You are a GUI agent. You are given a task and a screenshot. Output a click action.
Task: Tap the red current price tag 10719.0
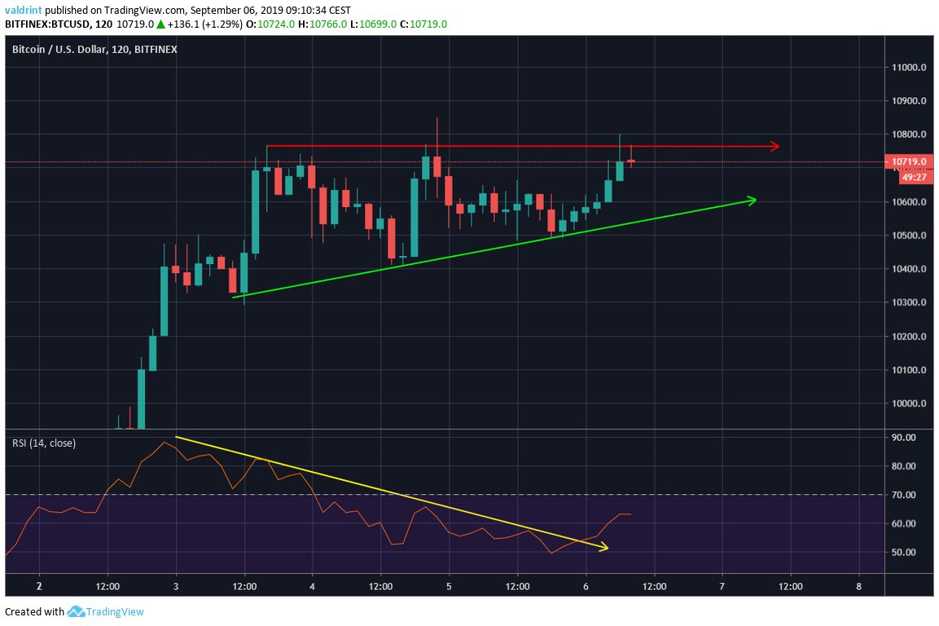(909, 161)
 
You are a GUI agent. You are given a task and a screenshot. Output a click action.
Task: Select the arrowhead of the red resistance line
(775, 147)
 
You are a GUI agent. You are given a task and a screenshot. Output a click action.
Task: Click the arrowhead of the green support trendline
(753, 200)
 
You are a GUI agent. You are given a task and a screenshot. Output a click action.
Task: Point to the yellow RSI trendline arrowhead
(603, 548)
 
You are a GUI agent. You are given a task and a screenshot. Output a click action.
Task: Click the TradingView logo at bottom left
(105, 611)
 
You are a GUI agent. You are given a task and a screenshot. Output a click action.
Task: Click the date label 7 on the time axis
(722, 586)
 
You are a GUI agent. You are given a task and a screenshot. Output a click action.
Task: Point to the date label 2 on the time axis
(38, 586)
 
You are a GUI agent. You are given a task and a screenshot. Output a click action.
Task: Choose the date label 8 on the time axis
(858, 586)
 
